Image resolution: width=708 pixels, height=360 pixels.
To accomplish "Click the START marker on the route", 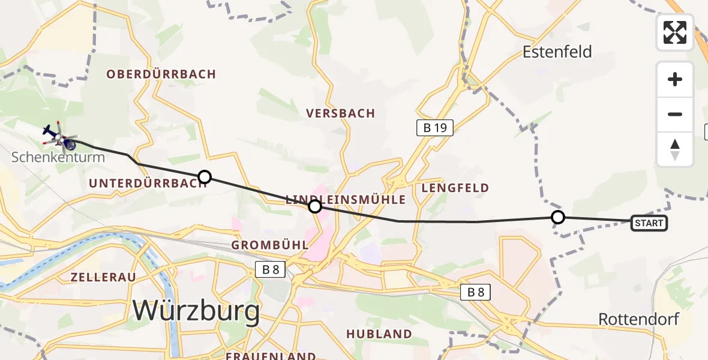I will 649,224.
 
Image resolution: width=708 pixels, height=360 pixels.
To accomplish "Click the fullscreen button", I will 675,32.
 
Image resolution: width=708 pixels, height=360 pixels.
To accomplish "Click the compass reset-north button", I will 675,149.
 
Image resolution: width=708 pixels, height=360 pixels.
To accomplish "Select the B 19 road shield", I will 434,127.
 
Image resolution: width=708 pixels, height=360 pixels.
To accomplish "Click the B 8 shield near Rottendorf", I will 476,292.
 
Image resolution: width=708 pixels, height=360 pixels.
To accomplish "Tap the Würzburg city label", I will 196,311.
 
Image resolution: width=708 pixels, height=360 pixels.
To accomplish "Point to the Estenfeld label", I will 557,52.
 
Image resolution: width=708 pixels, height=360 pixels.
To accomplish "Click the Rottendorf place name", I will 639,319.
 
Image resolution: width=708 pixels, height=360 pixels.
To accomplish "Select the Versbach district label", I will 340,113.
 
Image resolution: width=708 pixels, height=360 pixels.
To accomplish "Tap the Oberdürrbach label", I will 161,74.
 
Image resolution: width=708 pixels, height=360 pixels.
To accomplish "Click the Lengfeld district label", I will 455,188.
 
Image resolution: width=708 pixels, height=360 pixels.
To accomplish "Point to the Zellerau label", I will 103,277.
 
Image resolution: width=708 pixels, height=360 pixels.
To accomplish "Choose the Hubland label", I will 378,334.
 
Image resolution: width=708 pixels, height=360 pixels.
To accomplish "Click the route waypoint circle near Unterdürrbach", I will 205,177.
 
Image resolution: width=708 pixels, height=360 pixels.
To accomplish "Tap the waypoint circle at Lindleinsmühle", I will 314,207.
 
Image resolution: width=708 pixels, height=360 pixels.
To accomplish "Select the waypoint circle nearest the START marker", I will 558,217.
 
